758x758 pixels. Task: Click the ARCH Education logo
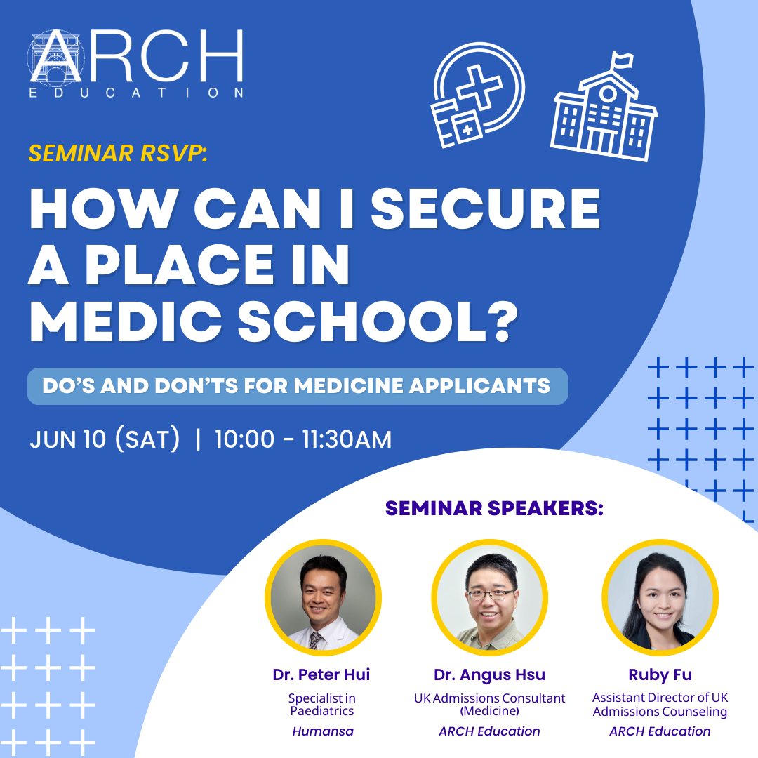[x=136, y=64]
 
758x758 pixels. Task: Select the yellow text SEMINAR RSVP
[x=117, y=153]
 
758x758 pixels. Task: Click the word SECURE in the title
[x=486, y=209]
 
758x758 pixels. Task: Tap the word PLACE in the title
[x=180, y=265]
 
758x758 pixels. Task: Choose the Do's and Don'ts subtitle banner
[x=298, y=386]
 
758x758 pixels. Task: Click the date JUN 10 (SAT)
[x=105, y=439]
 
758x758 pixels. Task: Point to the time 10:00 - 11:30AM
[x=303, y=439]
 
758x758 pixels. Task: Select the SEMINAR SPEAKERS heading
[x=494, y=509]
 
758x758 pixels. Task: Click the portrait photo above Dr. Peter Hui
[x=323, y=597]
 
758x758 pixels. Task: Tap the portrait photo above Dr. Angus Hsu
[x=490, y=597]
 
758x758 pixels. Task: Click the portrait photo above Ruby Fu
[x=660, y=597]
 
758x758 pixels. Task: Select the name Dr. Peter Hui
[x=321, y=674]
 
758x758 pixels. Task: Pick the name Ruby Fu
[x=660, y=674]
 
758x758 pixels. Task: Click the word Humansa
[x=323, y=731]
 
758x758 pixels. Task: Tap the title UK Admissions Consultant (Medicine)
[x=489, y=705]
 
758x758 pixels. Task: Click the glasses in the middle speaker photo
[x=490, y=594]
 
